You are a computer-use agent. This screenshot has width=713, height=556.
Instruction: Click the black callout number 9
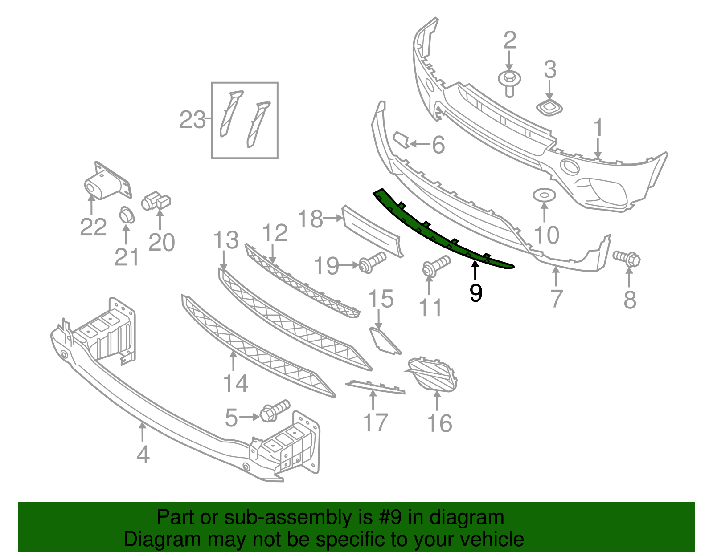476,292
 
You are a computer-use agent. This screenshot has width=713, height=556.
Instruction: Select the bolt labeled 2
510,83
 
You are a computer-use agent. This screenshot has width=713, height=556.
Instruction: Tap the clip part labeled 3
549,107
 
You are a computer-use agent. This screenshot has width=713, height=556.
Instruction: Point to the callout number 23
192,120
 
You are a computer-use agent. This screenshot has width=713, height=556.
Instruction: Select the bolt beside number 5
274,410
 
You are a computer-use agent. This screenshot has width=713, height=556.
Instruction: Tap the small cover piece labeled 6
402,139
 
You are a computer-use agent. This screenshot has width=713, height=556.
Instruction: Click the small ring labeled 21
127,215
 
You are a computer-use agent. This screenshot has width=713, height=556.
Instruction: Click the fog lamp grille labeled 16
433,374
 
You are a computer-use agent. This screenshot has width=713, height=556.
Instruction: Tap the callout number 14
235,383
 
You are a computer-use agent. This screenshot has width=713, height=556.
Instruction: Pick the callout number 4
143,455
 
